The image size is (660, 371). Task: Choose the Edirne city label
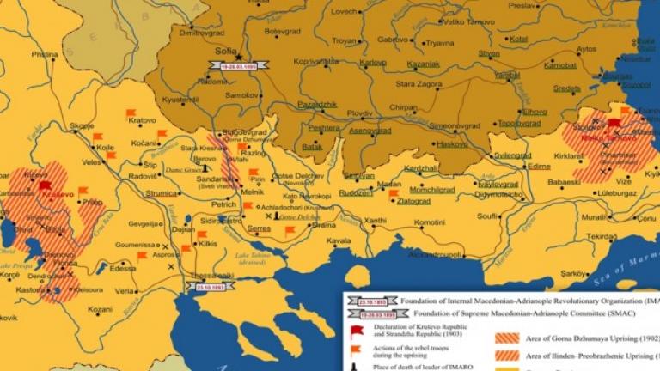pyautogui.click(x=538, y=166)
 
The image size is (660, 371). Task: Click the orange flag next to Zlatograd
pyautogui.click(x=393, y=194)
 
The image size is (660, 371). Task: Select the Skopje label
pyautogui.click(x=82, y=125)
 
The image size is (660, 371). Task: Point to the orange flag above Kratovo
pyautogui.click(x=131, y=113)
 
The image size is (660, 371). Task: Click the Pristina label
pyautogui.click(x=46, y=53)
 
